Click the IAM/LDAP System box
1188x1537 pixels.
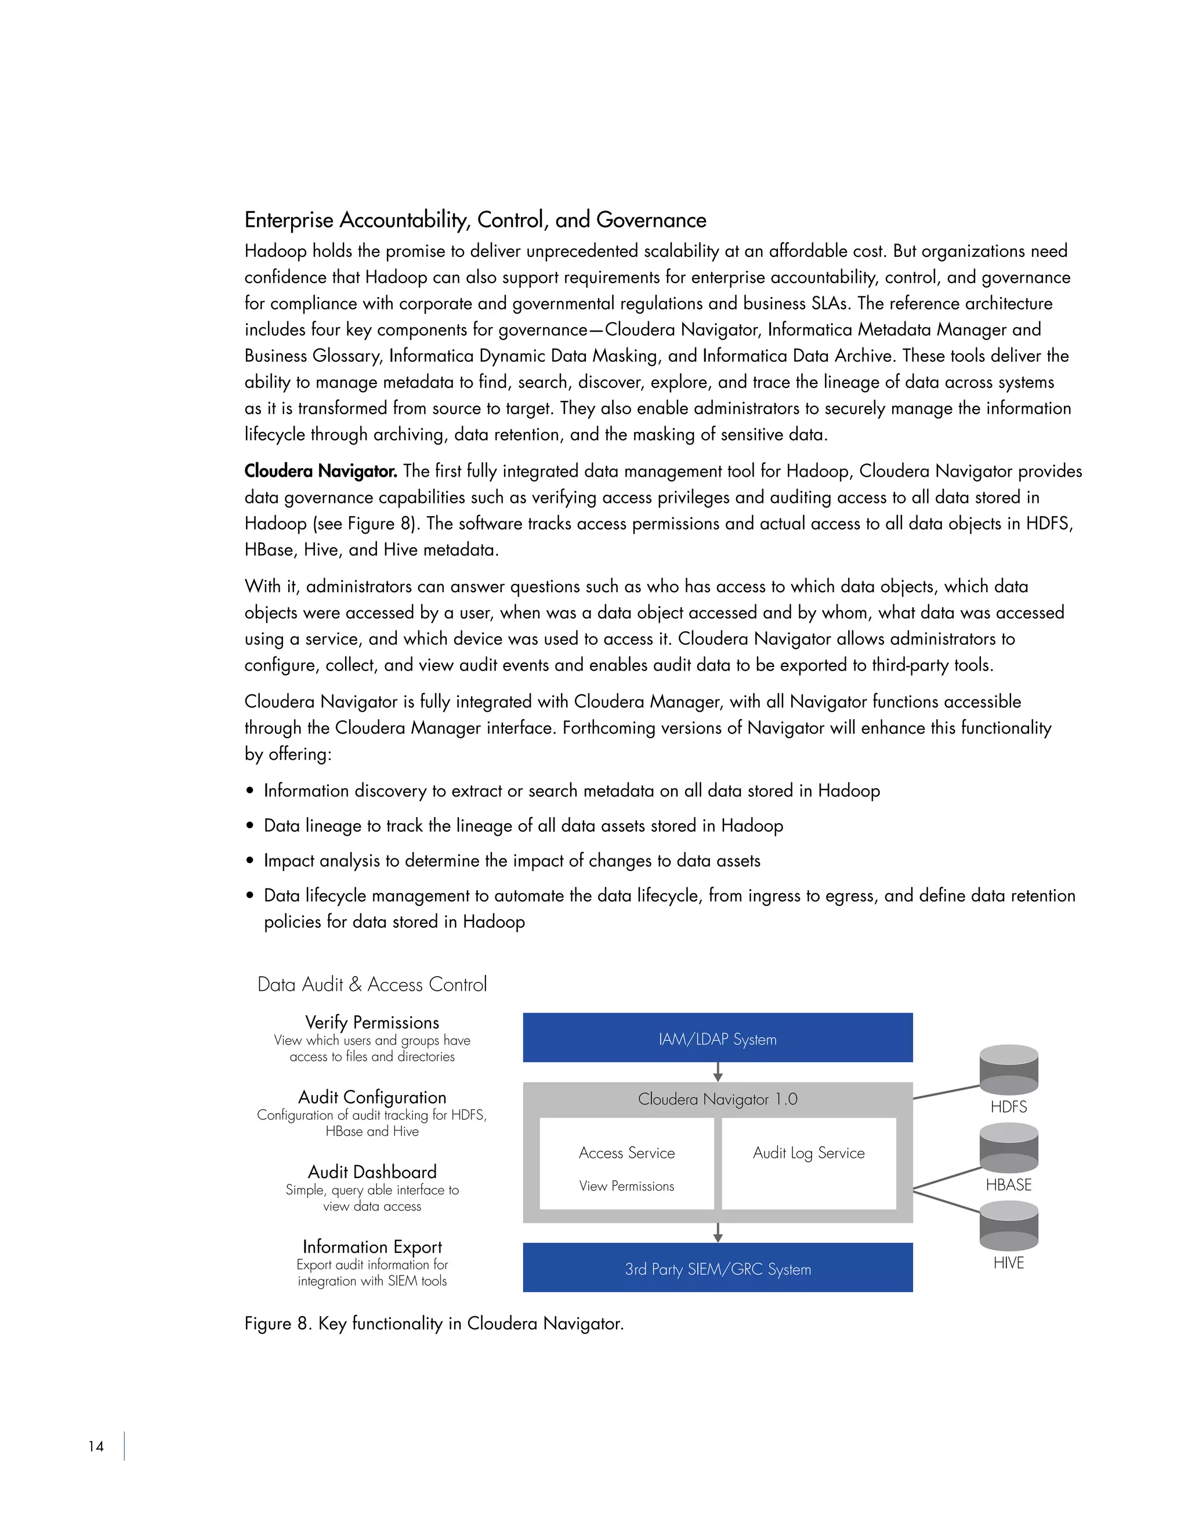(717, 1038)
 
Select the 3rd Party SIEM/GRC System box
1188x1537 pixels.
(717, 1268)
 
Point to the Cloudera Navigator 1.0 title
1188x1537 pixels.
(717, 1099)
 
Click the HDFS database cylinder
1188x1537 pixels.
(1009, 1069)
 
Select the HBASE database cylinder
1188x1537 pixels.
(1009, 1147)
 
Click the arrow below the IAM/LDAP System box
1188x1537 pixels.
(717, 1072)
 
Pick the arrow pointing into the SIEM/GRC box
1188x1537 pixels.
(717, 1232)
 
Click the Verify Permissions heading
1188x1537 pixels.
(372, 1023)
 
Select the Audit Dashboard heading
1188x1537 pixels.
(372, 1172)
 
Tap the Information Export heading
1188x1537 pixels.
(372, 1246)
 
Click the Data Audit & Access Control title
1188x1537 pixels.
(372, 984)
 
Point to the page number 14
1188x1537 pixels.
(96, 1446)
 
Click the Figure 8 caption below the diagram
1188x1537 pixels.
(433, 1323)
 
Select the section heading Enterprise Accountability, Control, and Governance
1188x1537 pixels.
(475, 220)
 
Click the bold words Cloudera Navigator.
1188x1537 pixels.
(320, 471)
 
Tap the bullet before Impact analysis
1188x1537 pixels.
(250, 861)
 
